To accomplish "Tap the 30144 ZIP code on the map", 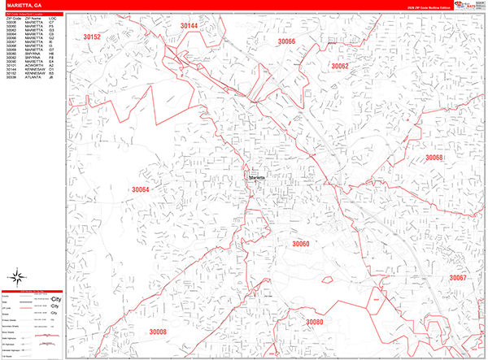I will (189, 26).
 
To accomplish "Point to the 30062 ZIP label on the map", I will (339, 66).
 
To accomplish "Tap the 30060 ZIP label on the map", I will (301, 243).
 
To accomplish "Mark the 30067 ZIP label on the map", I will (458, 279).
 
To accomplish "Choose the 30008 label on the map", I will (157, 332).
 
